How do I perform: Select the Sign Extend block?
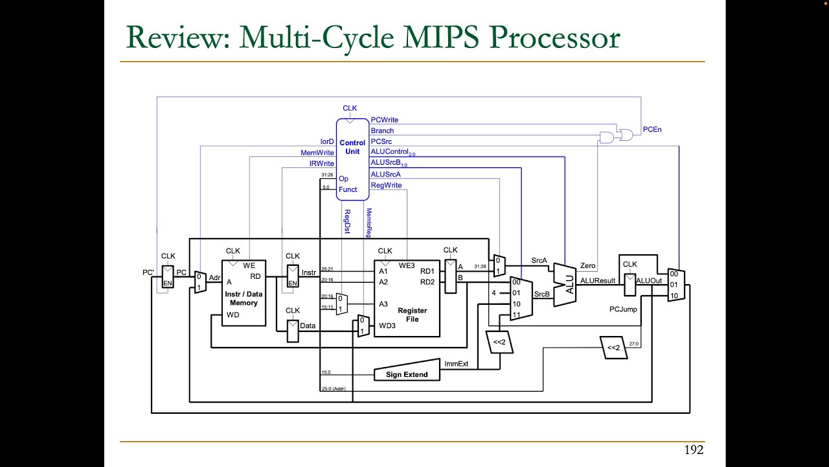[406, 374]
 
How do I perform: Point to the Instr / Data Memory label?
[244, 298]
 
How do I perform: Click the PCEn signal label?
[652, 130]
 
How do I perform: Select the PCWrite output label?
[384, 120]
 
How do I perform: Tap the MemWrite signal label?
[317, 153]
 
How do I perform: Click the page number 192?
[693, 449]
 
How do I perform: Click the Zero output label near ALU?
[587, 266]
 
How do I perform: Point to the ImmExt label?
[456, 364]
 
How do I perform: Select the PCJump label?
[623, 309]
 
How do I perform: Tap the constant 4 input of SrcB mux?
[494, 293]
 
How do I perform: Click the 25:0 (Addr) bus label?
[334, 389]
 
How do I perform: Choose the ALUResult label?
[597, 281]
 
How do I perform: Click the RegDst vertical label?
[347, 221]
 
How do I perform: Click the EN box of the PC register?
[167, 283]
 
